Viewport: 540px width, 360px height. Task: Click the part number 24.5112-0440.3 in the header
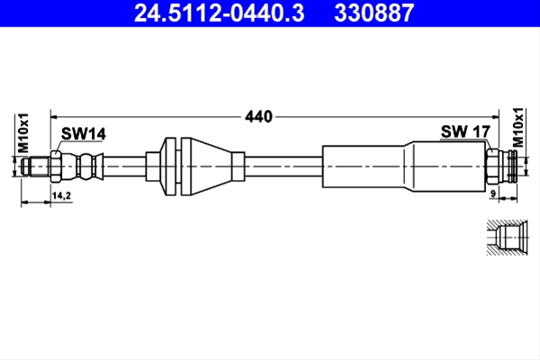point(219,13)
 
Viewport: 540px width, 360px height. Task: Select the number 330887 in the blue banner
point(373,13)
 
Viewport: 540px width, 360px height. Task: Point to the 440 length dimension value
point(258,117)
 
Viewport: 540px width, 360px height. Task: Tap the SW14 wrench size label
point(84,134)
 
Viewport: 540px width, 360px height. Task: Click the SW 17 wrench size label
point(465,131)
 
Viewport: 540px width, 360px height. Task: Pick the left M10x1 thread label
point(23,133)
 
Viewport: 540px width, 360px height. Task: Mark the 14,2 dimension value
point(61,195)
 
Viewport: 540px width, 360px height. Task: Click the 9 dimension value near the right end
point(493,194)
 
